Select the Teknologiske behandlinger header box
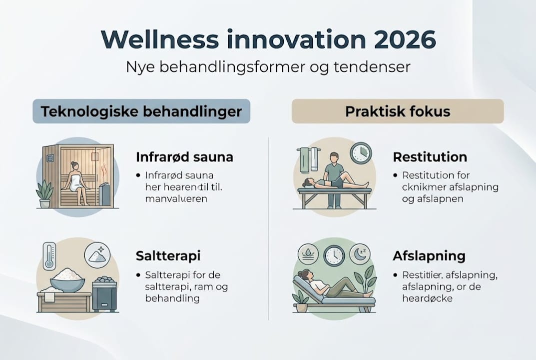coord(141,111)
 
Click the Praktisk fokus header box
coord(398,111)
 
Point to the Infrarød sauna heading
coord(184,157)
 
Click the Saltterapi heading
coord(168,256)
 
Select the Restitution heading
coord(430,157)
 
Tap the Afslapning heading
coord(429,256)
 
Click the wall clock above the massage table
coord(361,153)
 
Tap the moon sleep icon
coord(360,254)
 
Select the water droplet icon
coord(308,254)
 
